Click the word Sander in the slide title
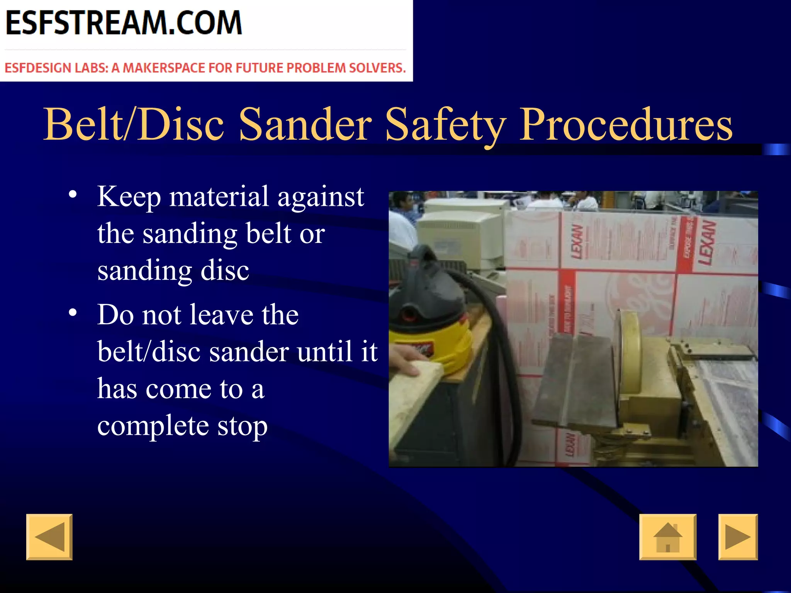[x=305, y=124]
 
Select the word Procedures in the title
[x=626, y=124]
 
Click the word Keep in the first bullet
[x=129, y=197]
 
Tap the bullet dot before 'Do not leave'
[x=73, y=312]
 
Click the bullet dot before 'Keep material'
[x=73, y=194]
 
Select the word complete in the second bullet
[x=153, y=426]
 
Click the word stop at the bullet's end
[x=242, y=426]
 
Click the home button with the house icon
[x=668, y=537]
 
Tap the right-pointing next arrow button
[x=738, y=537]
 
